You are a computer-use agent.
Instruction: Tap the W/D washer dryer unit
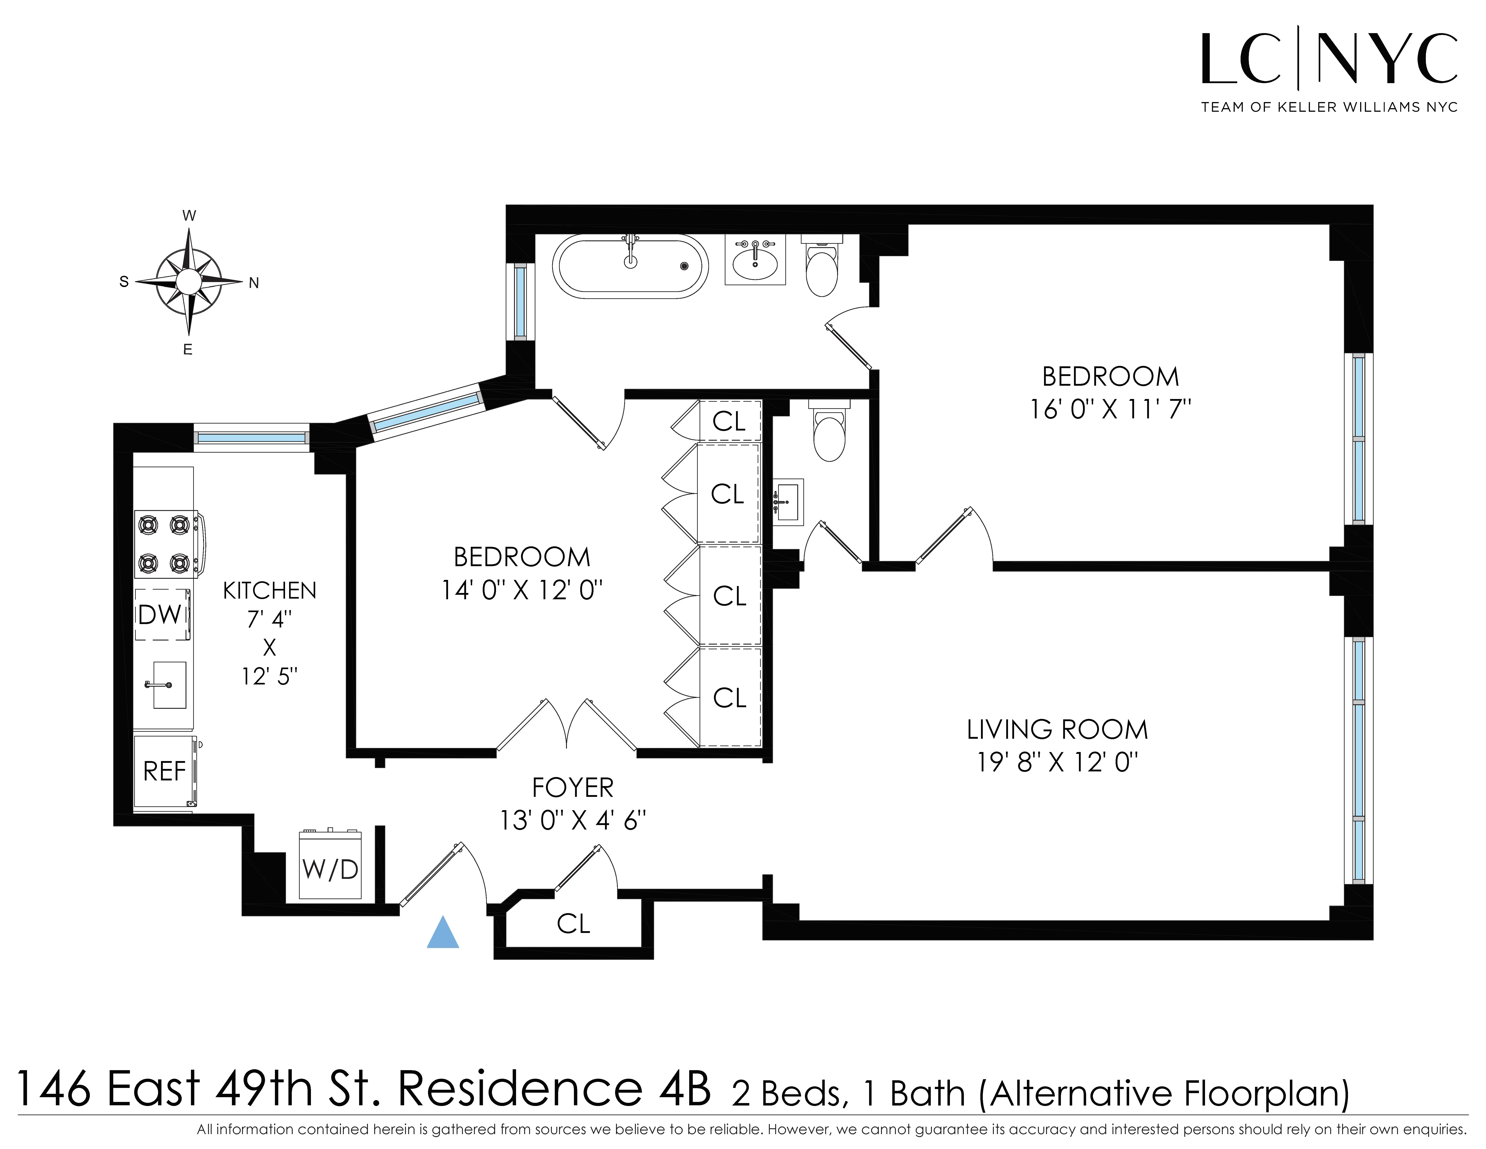[330, 865]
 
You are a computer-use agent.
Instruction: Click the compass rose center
[188, 281]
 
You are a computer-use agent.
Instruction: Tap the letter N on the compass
[254, 283]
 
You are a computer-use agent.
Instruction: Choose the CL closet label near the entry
[573, 924]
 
